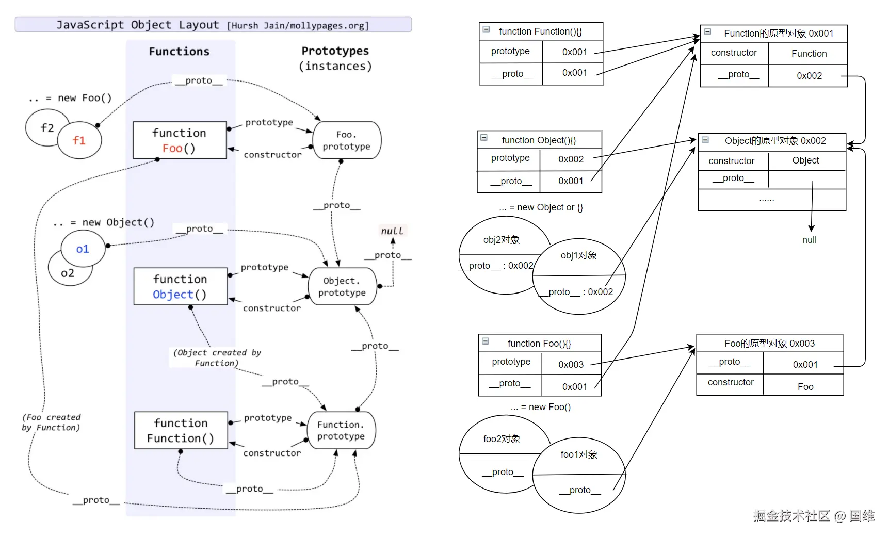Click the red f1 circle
pos(79,140)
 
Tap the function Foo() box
pos(180,140)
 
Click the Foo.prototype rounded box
pos(347,140)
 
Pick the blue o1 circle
pos(83,249)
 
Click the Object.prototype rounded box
pos(342,287)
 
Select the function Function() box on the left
pos(181,430)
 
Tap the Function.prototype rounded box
pos(341,430)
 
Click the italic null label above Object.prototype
pos(392,231)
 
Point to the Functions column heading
pos(179,52)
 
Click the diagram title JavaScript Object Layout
pos(137,25)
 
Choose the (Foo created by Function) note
pos(51,422)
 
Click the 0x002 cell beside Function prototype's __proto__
pos(809,76)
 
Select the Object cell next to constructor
pos(805,160)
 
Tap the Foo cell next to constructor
pos(805,387)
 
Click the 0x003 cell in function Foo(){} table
pos(571,365)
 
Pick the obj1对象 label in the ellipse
pos(579,255)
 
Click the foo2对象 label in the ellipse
pos(502,439)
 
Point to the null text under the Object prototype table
pos(809,240)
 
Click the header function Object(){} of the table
pos(539,140)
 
